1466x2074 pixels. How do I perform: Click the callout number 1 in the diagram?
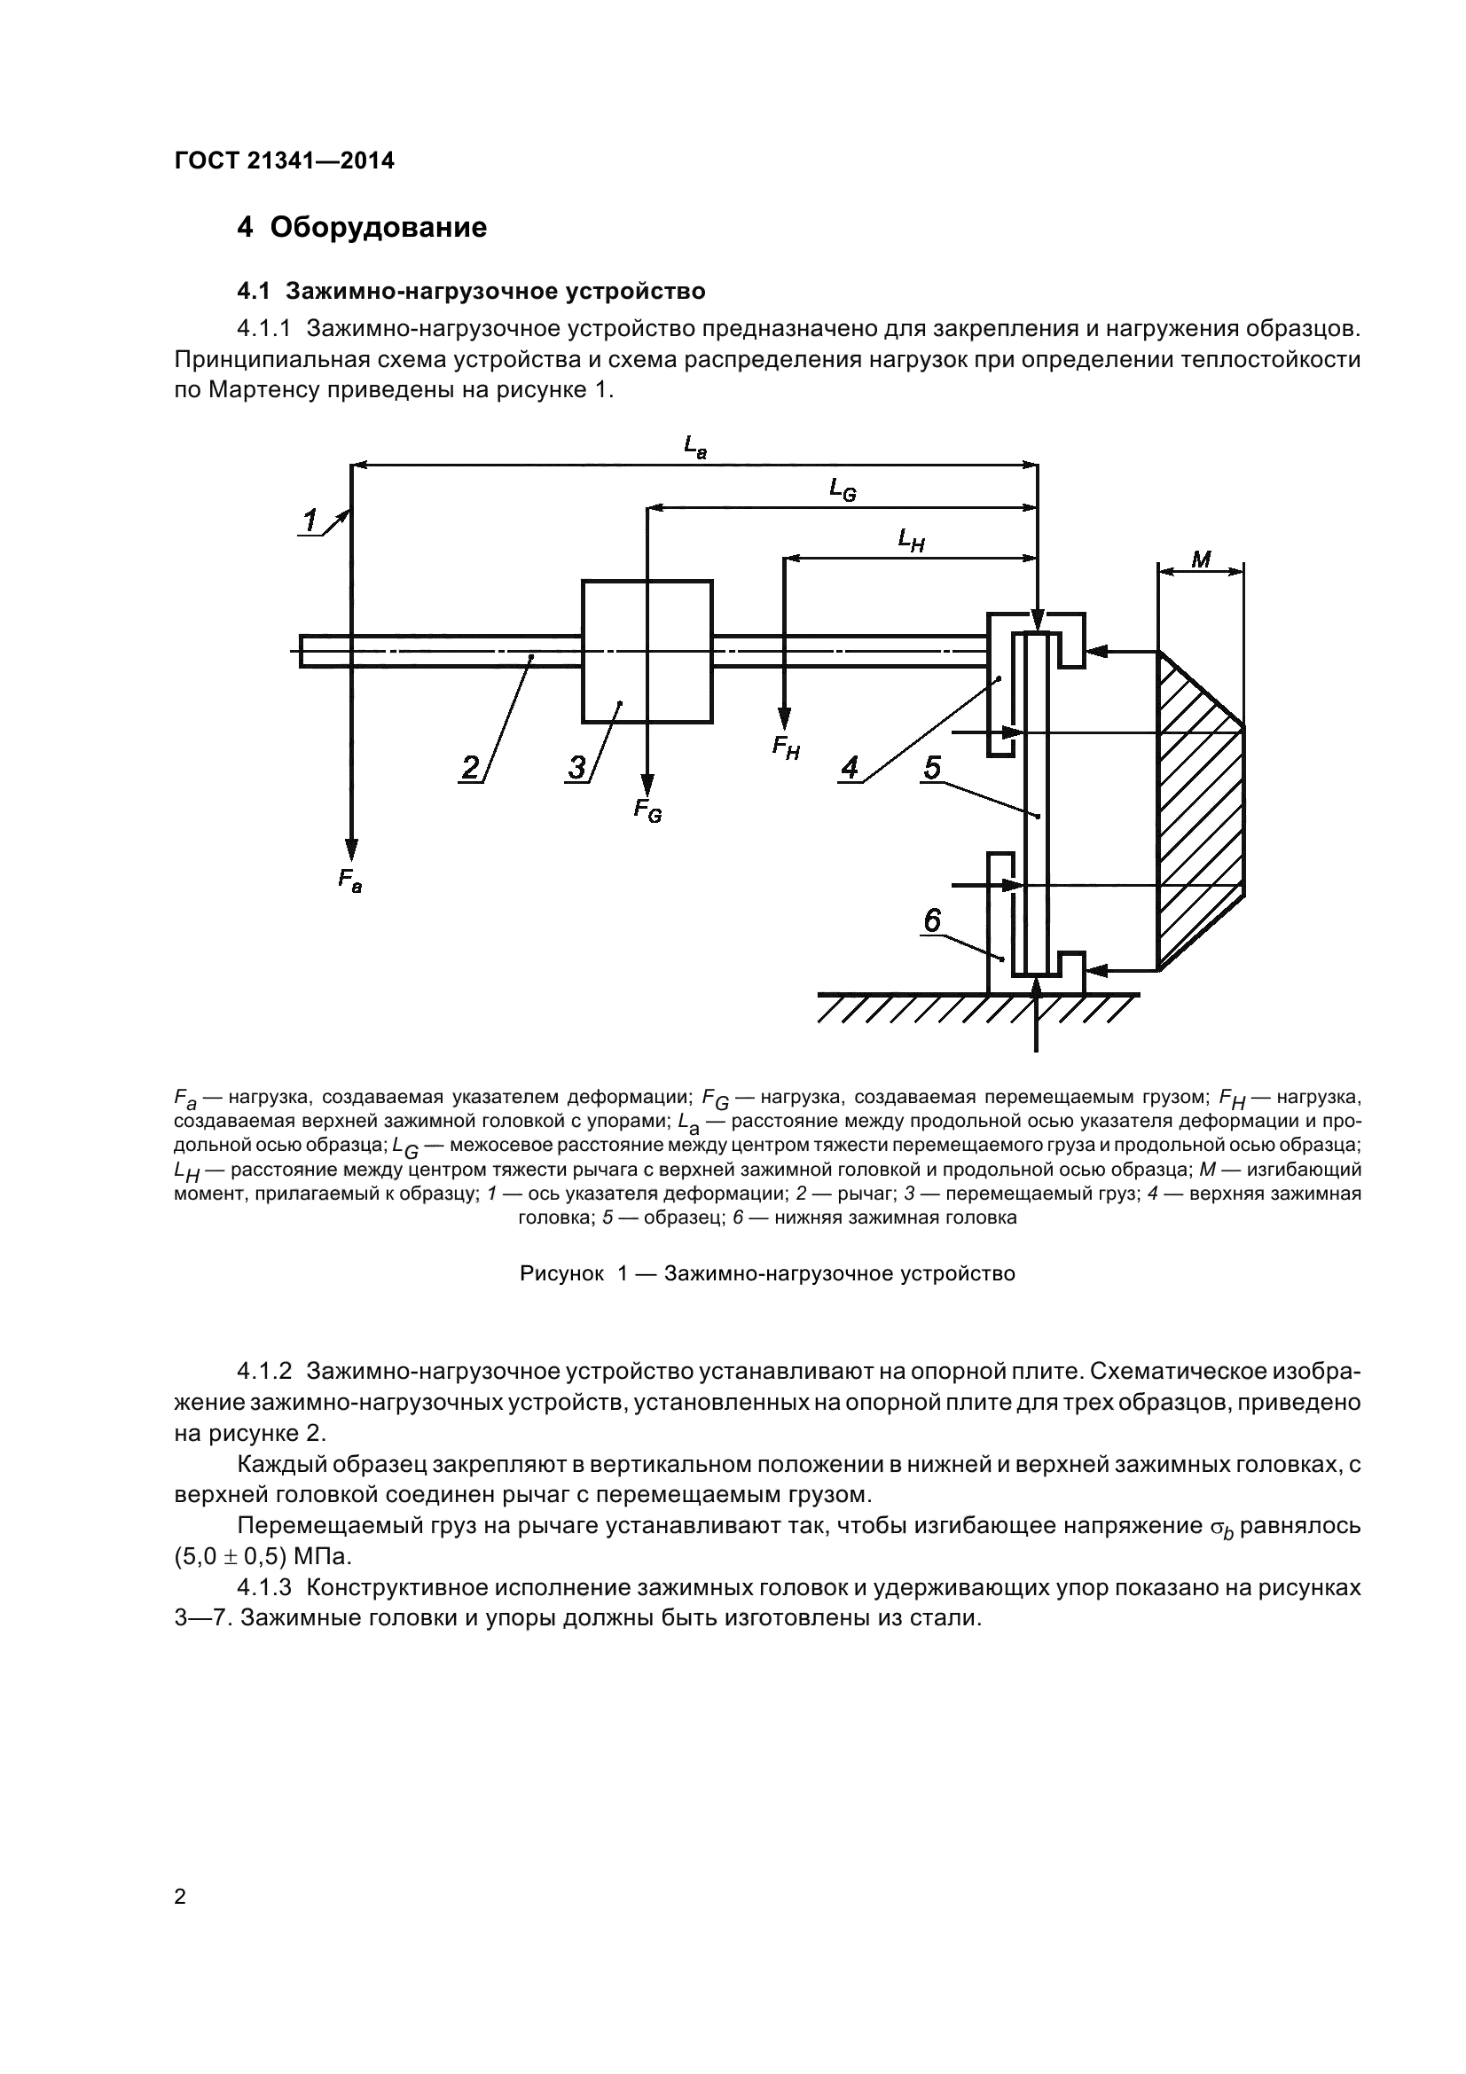[310, 521]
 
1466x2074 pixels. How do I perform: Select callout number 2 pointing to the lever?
[471, 767]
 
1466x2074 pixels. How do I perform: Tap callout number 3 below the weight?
[576, 768]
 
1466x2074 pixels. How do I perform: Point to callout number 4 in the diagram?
[850, 768]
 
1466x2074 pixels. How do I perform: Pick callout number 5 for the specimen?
[932, 767]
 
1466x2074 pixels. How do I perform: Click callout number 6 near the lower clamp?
[932, 920]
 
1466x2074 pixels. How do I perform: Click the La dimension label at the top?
[694, 446]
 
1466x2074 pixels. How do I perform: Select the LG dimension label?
[843, 490]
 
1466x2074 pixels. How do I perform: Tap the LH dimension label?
[911, 540]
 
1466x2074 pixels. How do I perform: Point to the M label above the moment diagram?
[1201, 560]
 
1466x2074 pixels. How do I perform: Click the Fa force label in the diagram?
[349, 879]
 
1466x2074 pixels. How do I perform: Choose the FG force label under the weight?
[647, 810]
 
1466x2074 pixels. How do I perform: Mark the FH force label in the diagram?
[786, 748]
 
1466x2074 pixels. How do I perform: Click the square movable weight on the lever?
[647, 652]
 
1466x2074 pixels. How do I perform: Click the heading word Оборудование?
[378, 227]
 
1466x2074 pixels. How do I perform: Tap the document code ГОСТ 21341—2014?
[285, 160]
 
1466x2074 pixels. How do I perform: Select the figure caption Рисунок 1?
[767, 1273]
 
